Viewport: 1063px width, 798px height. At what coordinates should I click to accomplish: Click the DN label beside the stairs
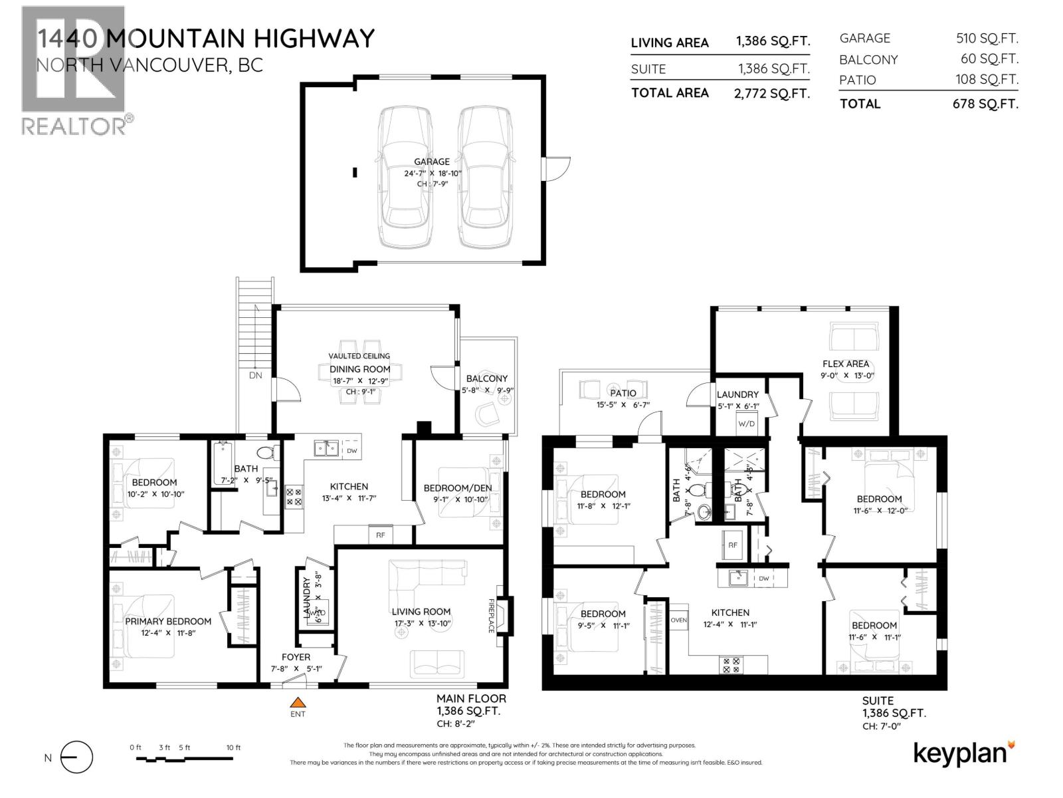point(256,375)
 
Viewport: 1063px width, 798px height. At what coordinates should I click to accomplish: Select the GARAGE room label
point(431,162)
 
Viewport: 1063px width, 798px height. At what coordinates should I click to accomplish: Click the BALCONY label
point(486,378)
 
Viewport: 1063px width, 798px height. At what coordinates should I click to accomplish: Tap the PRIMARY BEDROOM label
point(168,621)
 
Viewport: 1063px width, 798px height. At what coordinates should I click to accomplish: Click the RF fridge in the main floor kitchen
point(380,534)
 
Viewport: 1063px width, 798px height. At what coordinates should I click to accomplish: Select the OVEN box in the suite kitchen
point(679,620)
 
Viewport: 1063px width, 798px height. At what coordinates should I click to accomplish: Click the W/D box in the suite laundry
point(747,424)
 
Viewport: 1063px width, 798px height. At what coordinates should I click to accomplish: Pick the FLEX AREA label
point(845,364)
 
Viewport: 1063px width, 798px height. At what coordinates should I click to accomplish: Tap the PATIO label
point(623,393)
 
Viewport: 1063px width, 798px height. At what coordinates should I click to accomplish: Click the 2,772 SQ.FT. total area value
point(772,93)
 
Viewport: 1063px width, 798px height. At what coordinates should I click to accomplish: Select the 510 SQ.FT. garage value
point(987,39)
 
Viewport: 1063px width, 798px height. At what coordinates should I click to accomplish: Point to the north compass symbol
point(76,757)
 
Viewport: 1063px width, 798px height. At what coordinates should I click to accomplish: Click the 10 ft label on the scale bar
point(233,747)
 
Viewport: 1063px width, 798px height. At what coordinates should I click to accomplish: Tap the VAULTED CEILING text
point(359,356)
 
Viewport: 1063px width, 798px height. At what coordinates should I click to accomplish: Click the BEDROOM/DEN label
point(458,488)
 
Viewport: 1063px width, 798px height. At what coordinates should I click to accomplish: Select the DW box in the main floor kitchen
point(352,451)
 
